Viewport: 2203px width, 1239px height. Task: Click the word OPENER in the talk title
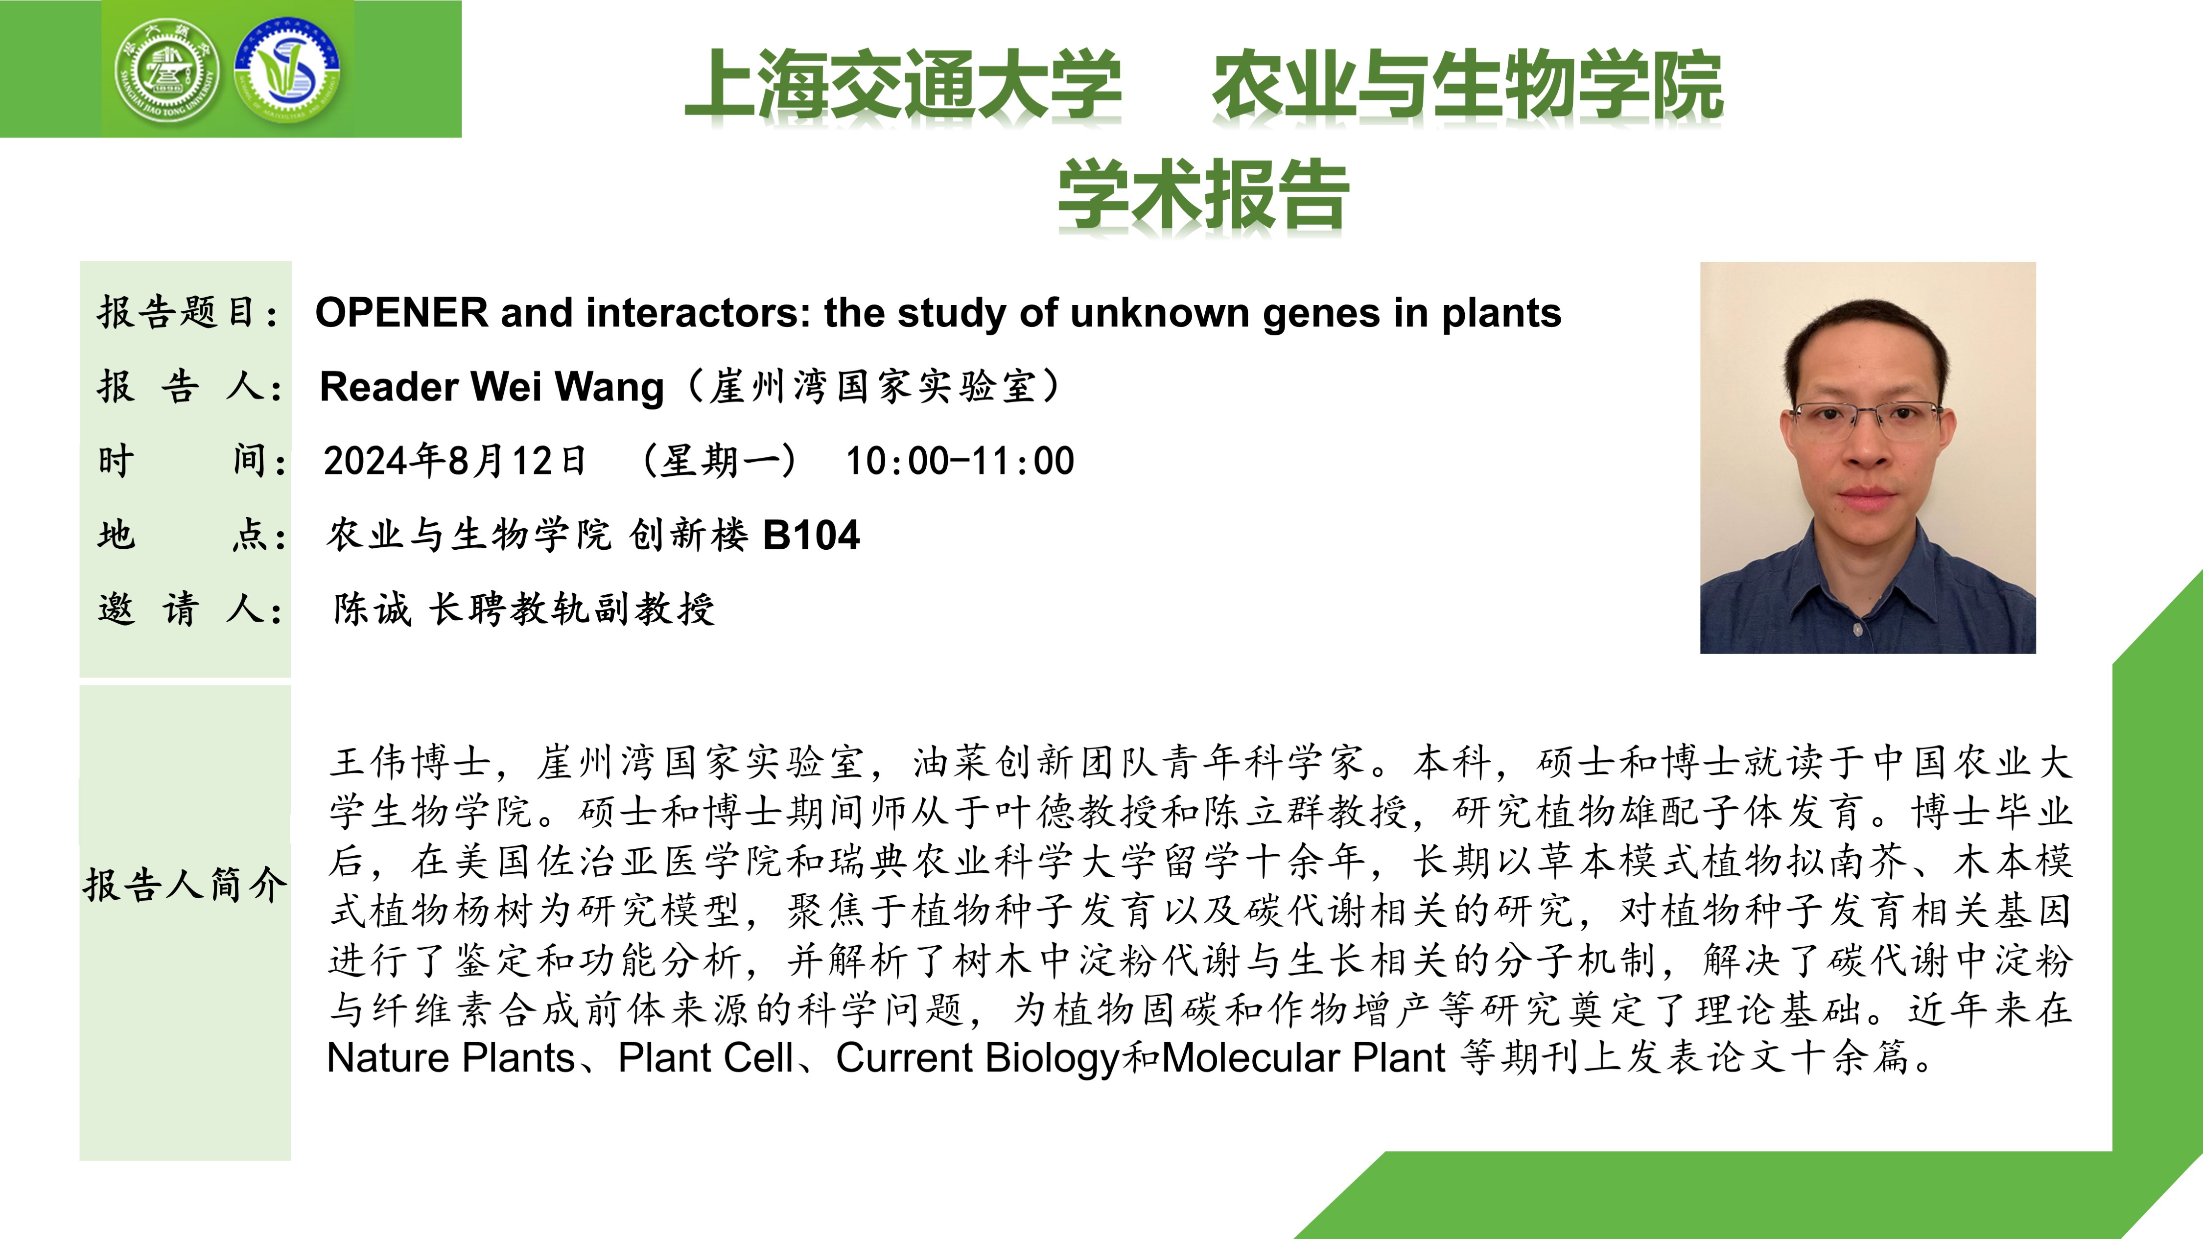point(401,313)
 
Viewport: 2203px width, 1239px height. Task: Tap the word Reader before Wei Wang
point(389,387)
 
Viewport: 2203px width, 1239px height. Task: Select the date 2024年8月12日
point(455,461)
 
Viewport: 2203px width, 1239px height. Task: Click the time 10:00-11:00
point(960,461)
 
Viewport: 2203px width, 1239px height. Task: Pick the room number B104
point(811,535)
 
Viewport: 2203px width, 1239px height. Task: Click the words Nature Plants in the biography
point(451,1058)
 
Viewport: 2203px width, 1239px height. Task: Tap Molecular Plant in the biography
point(1303,1058)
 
